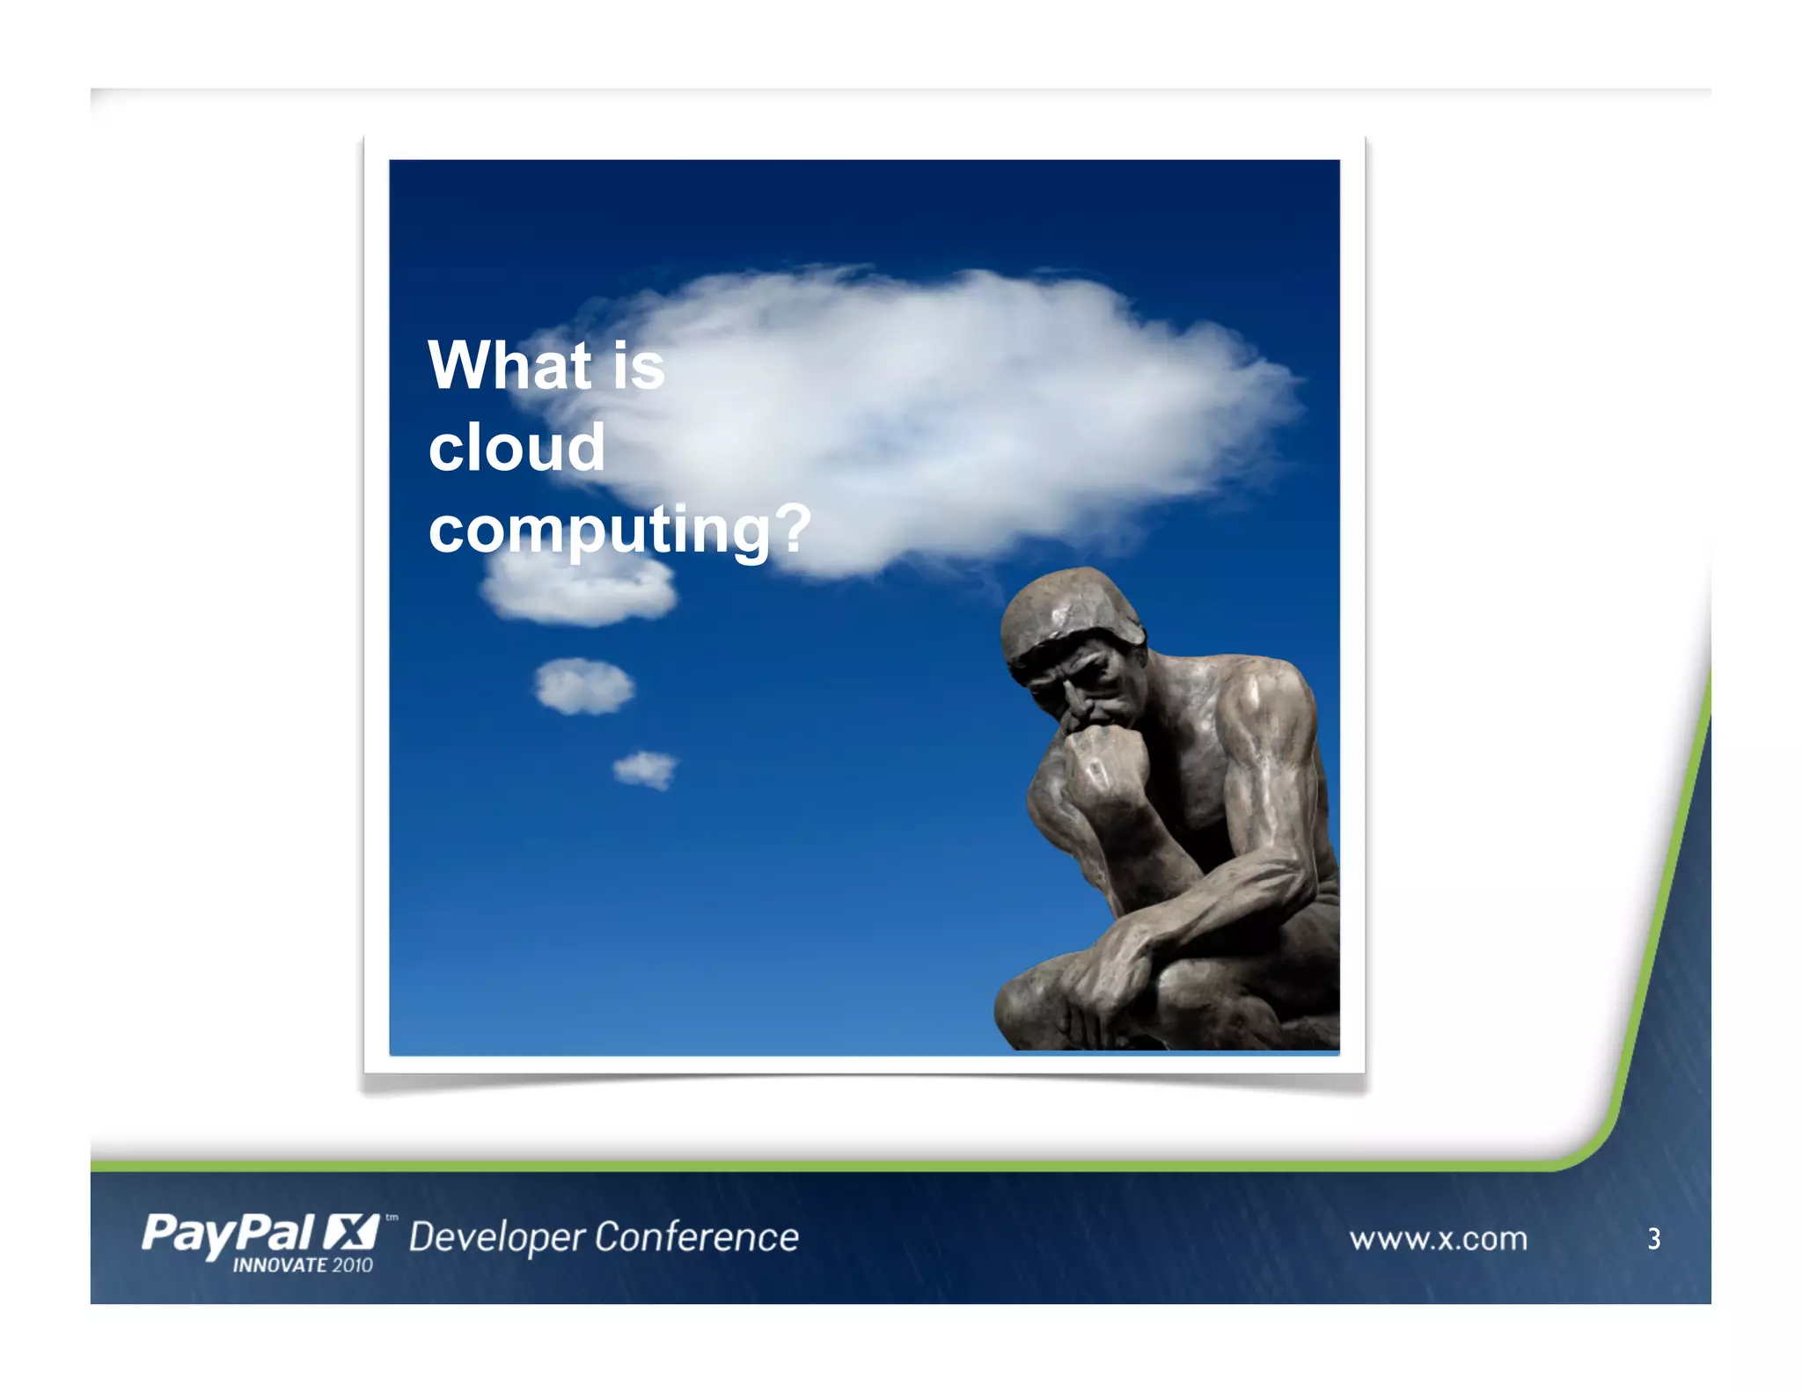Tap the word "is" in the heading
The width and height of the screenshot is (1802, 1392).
[x=639, y=366]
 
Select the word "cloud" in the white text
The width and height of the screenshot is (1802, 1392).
[x=516, y=447]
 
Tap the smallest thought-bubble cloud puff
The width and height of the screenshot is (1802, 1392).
[x=646, y=770]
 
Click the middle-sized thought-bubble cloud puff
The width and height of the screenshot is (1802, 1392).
[x=583, y=686]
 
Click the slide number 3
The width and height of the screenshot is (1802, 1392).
[x=1654, y=1239]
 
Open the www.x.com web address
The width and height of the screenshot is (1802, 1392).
[x=1439, y=1239]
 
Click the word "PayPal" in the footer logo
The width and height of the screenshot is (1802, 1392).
[x=228, y=1234]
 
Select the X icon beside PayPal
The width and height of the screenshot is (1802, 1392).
[x=350, y=1232]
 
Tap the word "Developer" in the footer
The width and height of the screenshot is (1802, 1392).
[x=497, y=1237]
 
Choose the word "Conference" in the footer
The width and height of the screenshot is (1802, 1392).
[x=696, y=1237]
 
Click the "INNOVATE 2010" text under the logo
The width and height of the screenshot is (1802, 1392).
[x=303, y=1265]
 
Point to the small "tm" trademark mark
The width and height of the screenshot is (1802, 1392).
[x=392, y=1218]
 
